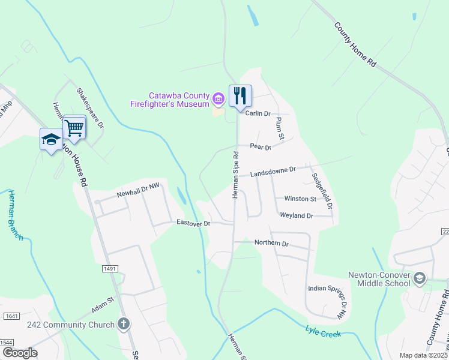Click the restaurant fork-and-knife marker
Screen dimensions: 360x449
[x=240, y=95]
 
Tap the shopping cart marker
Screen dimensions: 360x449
[x=74, y=127]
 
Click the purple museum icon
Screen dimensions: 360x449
[x=218, y=98]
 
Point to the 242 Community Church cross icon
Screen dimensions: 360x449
[x=124, y=325]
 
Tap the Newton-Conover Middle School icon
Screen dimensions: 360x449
[x=419, y=278]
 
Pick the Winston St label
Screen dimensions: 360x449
[x=300, y=199]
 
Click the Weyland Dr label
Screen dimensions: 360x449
[x=297, y=215]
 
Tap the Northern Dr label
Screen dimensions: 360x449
[x=271, y=244]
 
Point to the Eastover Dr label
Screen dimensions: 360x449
[x=193, y=223]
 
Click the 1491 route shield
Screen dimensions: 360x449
[x=110, y=269]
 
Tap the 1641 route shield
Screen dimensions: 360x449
[x=11, y=316]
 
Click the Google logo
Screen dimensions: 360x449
[x=20, y=352]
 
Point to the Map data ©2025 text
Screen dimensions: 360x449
[x=423, y=355]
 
